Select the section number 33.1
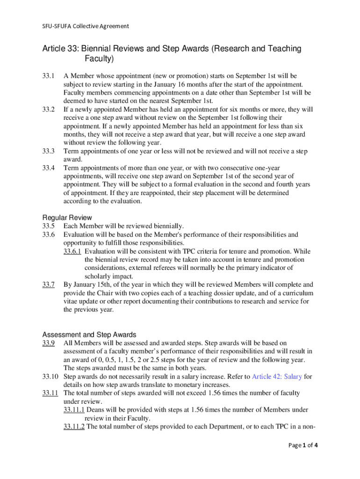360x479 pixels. tap(49, 76)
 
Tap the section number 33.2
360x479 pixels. tap(49, 109)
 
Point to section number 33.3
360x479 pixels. tap(49, 151)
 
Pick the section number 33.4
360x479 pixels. tap(49, 168)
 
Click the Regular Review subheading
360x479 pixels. tap(67, 218)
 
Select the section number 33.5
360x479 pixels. tap(49, 226)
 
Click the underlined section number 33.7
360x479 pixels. tap(49, 284)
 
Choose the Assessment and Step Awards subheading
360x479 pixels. tap(89, 335)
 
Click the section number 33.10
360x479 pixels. tap(50, 377)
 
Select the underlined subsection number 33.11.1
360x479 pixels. tap(74, 410)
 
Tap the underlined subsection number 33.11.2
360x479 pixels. tap(74, 427)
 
